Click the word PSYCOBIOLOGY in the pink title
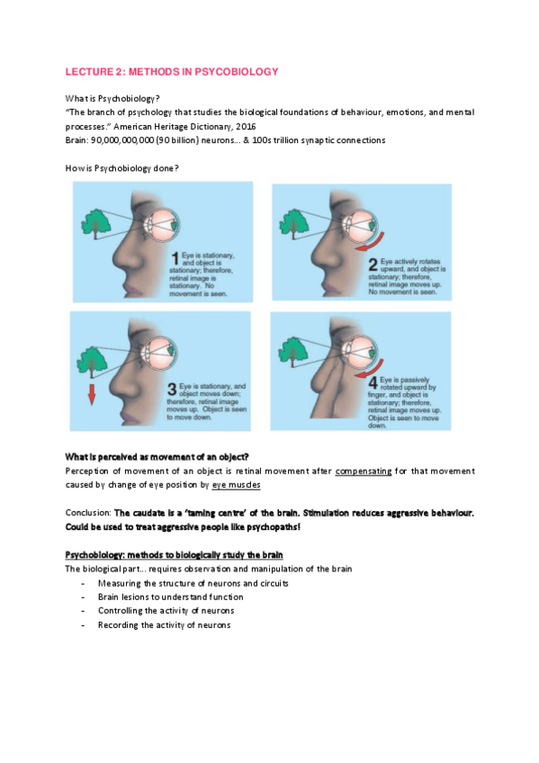(234, 71)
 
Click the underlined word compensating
(363, 471)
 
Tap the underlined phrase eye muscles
(237, 484)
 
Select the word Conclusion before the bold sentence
(87, 512)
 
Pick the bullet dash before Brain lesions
(83, 596)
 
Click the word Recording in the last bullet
(119, 624)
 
